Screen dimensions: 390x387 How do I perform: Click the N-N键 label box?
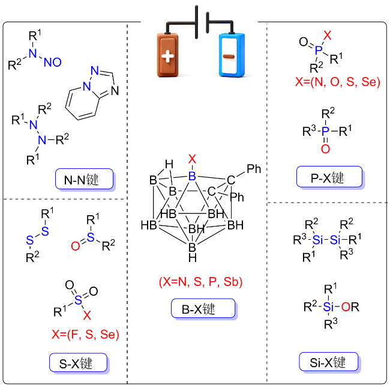pos(85,179)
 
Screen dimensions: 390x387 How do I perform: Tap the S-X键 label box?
pos(79,362)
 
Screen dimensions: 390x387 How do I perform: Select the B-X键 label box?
pos(203,308)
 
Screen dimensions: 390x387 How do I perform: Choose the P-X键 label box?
pos(329,177)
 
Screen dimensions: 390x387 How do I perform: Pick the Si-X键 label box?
pos(329,362)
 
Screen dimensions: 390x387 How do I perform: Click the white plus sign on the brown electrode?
pos(168,56)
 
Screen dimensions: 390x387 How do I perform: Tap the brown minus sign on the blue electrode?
pos(229,56)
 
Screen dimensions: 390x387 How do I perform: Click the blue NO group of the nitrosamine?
pos(53,62)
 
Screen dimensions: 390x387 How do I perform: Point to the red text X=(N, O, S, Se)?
pos(338,82)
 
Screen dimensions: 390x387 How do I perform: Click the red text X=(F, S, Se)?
pos(85,334)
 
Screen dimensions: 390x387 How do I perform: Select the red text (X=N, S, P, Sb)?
pos(201,282)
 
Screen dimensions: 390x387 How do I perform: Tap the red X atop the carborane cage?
pos(192,159)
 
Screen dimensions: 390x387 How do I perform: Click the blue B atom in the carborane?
pos(192,176)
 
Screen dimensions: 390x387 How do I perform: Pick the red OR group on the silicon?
pos(350,307)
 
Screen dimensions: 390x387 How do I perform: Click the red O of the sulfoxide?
pos(76,246)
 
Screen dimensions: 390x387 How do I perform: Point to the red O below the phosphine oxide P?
pos(325,149)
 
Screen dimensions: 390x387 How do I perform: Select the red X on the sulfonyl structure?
pos(87,315)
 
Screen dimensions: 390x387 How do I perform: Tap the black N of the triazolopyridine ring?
pos(115,91)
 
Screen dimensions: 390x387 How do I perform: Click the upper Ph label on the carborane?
pos(254,169)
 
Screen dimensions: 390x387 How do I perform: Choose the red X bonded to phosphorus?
pos(328,35)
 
